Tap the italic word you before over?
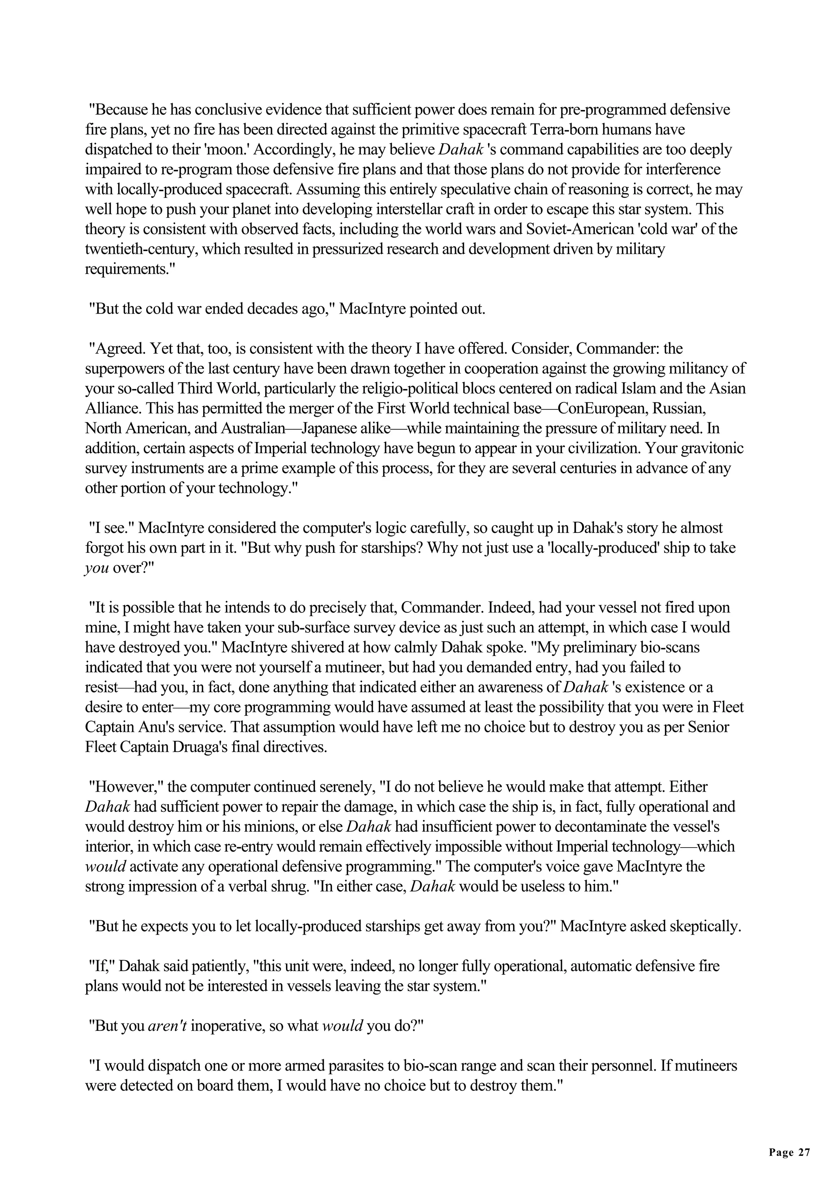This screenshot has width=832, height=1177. tap(96, 569)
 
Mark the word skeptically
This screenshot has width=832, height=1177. tap(705, 927)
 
